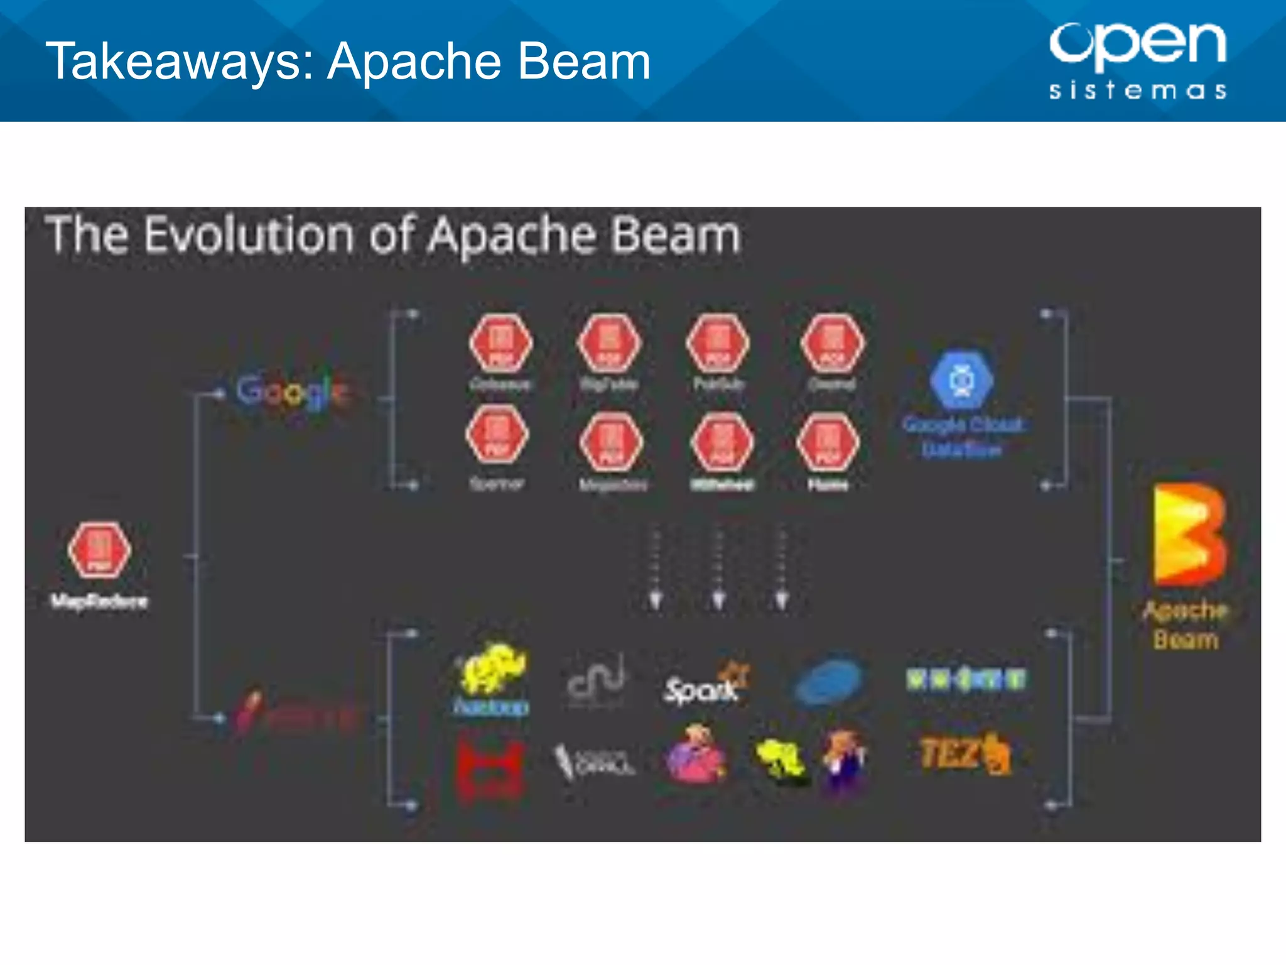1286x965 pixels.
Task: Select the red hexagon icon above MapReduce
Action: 99,550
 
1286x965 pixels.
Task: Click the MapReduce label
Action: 99,602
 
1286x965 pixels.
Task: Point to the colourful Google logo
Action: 292,391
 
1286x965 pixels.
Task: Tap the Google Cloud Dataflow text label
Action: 962,436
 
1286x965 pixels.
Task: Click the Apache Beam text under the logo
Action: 1186,624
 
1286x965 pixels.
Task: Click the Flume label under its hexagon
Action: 828,485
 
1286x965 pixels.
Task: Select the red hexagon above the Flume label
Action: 828,442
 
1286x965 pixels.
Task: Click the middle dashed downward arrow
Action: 719,569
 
